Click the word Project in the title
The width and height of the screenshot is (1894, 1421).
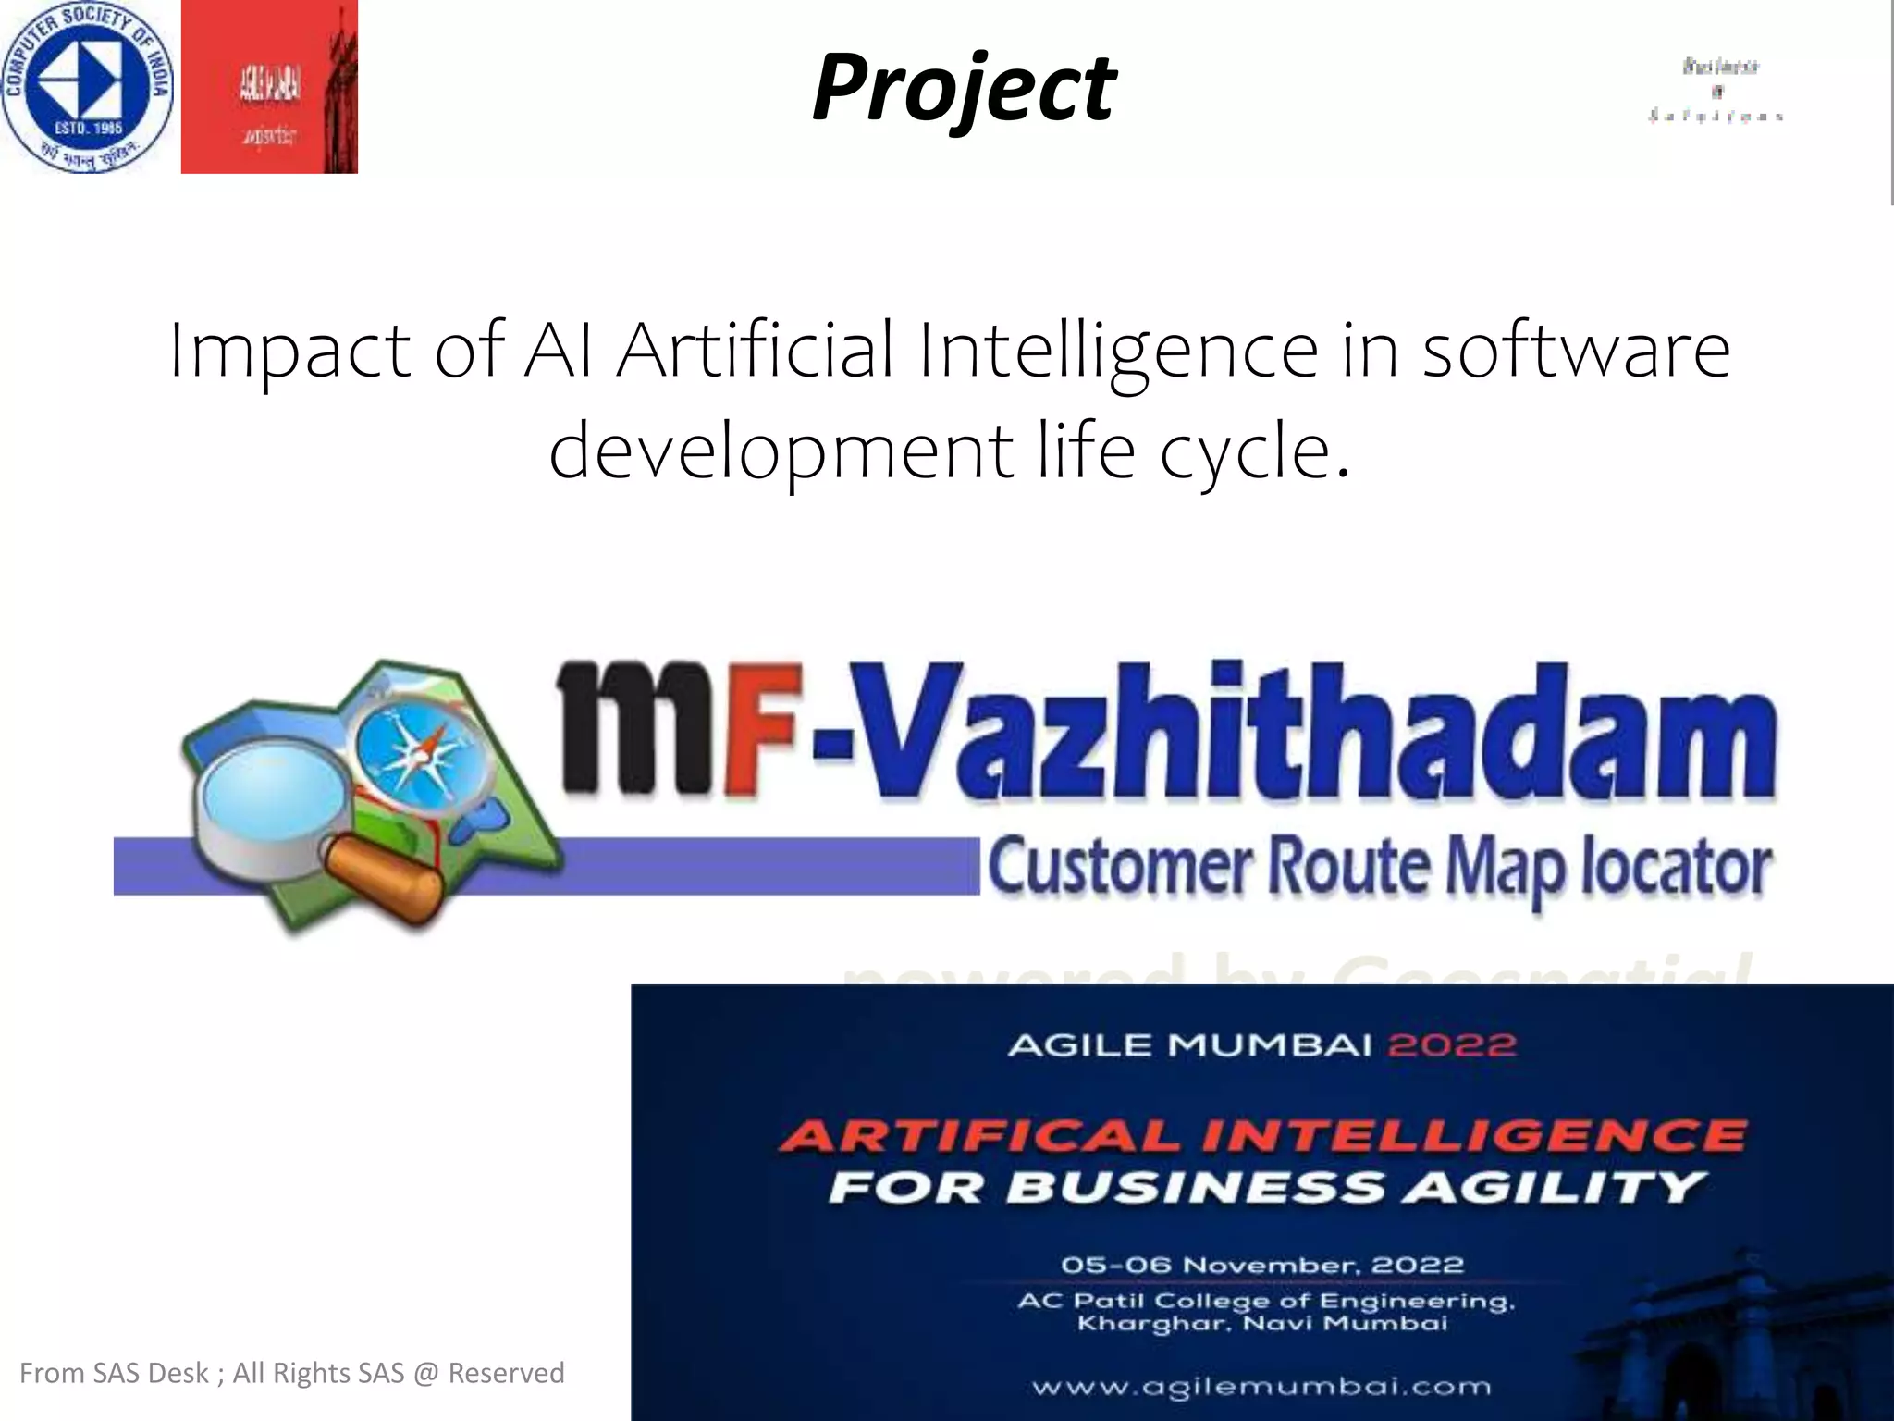tap(964, 88)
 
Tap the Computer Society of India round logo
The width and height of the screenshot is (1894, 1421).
tap(87, 87)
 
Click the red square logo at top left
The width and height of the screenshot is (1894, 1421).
tap(269, 87)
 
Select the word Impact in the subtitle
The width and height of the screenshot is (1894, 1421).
tap(289, 352)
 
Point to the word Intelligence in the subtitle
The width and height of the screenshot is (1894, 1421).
tap(1117, 352)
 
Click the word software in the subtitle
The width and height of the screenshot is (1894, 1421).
tap(1575, 352)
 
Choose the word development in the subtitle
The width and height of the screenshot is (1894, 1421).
tap(781, 451)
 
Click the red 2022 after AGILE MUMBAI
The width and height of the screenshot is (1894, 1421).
tap(1452, 1045)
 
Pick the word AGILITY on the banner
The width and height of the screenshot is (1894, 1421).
tap(1554, 1187)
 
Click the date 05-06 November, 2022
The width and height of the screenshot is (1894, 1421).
tap(1262, 1265)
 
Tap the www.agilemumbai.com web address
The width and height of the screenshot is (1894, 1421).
tap(1261, 1386)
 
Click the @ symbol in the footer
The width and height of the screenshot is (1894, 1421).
tap(424, 1373)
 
